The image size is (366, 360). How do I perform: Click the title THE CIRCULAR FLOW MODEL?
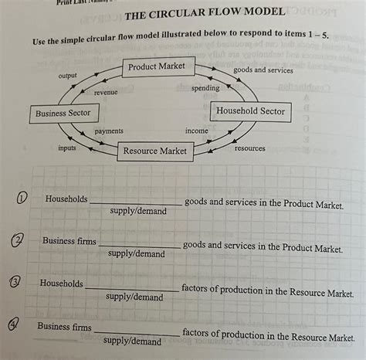pos(205,15)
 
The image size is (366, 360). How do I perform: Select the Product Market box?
pos(157,66)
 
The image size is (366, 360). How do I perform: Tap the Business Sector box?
pos(63,114)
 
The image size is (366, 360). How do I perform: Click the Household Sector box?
pos(250,111)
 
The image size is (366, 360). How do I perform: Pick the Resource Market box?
pos(155,151)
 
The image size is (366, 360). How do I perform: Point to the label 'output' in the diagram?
pos(67,76)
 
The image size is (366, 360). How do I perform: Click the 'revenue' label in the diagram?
pos(105,92)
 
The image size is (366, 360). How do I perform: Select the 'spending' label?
pos(205,88)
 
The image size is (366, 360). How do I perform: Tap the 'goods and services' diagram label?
pos(263,70)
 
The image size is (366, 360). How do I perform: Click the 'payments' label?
pos(109,131)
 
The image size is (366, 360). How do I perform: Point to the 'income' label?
pos(197,131)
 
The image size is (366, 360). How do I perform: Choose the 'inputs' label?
pos(67,147)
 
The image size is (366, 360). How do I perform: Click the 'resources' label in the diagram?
pos(249,148)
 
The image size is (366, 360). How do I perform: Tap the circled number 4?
pos(15,327)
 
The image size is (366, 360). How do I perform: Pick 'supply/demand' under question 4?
pos(132,341)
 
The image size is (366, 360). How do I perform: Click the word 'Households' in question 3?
pos(61,284)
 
